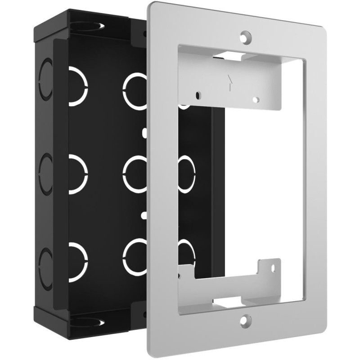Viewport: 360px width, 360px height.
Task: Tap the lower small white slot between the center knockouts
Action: click(144, 215)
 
